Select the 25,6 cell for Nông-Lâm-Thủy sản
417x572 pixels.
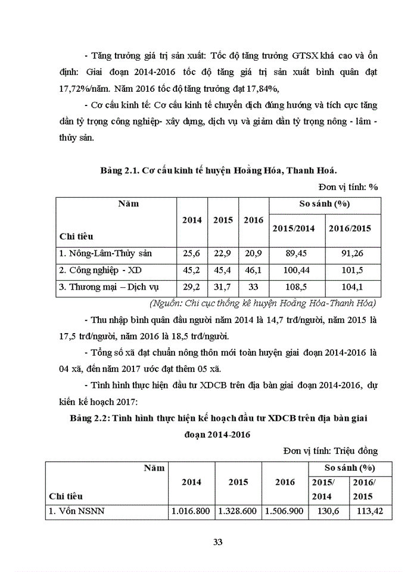[192, 253]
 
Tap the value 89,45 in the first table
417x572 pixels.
[297, 253]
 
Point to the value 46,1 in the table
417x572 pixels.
[253, 270]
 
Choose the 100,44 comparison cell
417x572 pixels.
[297, 270]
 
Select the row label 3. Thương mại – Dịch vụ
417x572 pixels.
[105, 287]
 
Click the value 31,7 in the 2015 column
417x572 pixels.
[223, 287]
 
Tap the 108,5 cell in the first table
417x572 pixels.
[297, 287]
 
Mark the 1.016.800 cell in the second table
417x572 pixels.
[189, 511]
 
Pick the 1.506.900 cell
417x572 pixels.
[284, 511]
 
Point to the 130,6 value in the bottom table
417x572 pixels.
[326, 511]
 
